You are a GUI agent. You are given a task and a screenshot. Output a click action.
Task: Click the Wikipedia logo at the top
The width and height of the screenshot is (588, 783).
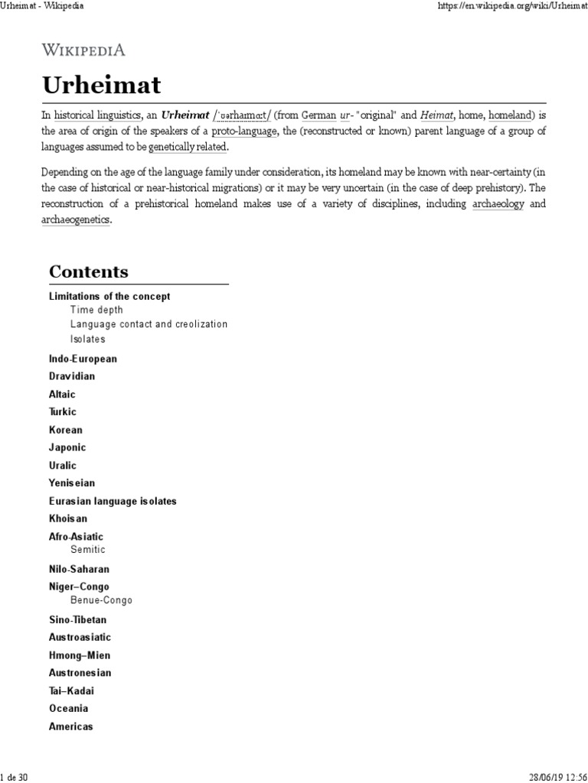[x=83, y=50]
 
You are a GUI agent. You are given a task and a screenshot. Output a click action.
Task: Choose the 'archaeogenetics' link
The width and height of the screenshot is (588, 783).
[x=76, y=220]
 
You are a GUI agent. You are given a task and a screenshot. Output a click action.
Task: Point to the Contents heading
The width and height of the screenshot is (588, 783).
[x=89, y=271]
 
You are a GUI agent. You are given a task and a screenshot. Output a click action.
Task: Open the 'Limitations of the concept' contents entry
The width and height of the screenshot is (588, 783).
[x=109, y=296]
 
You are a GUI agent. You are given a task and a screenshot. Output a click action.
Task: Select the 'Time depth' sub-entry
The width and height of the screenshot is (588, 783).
[x=96, y=310]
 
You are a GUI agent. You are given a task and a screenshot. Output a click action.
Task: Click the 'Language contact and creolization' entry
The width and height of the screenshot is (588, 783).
[x=149, y=324]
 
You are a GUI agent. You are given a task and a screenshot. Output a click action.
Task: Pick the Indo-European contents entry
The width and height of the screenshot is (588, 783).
[x=83, y=359]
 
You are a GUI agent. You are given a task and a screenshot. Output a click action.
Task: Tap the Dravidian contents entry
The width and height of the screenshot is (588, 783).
[x=72, y=376]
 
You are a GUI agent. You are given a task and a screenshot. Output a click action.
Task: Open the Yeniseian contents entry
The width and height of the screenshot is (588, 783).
[x=72, y=483]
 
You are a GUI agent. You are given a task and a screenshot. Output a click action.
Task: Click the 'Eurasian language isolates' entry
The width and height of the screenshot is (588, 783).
[x=113, y=501]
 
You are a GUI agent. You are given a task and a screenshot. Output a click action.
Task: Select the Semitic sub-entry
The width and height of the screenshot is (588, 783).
[x=88, y=550]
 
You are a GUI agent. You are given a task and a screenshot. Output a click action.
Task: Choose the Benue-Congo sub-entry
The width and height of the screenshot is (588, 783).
[x=101, y=601]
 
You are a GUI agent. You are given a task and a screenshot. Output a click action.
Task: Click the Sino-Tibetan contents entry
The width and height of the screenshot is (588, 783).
[x=78, y=620]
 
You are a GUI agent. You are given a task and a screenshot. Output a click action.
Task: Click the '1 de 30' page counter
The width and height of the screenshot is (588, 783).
[x=15, y=777]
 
